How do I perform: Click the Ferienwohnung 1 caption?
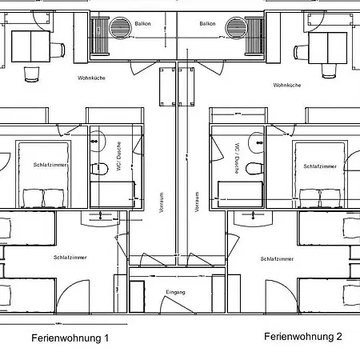click(70, 338)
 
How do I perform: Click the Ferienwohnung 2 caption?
click(302, 337)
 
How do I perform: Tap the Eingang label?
click(175, 292)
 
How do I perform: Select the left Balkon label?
click(142, 24)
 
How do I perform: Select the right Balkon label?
click(208, 24)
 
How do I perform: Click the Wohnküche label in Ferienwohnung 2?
click(286, 85)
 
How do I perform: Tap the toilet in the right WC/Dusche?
click(254, 169)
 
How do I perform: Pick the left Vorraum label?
click(162, 199)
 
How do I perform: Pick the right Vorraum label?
click(197, 200)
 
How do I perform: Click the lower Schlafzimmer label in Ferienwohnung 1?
click(70, 257)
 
